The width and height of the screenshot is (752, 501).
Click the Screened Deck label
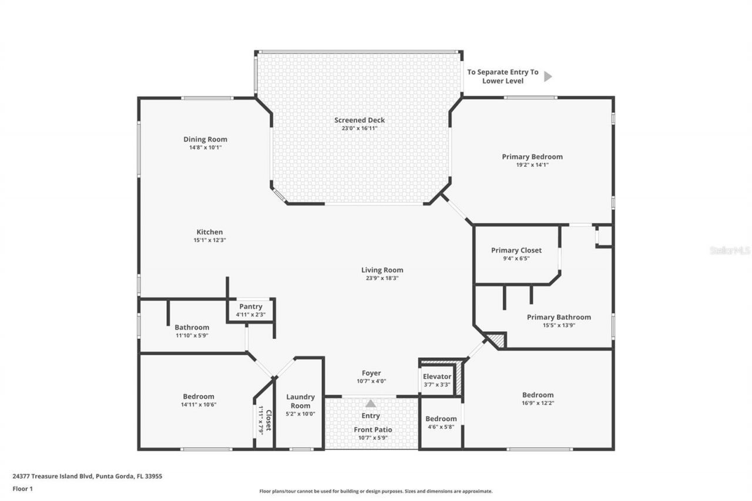(360, 120)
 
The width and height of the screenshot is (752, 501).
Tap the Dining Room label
(205, 139)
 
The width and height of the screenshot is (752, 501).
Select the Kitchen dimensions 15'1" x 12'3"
(210, 240)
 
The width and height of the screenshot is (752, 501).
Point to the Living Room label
(382, 270)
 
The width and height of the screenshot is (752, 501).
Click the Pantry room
(251, 310)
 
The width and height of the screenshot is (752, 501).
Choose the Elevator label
(437, 376)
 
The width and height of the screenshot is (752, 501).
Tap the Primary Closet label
(516, 250)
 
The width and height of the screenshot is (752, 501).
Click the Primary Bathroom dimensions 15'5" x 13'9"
(559, 325)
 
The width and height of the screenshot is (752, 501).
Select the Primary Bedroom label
(532, 157)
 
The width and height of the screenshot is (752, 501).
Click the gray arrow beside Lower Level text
(548, 76)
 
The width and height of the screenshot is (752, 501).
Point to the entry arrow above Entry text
(371, 404)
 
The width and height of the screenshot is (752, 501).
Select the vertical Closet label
(268, 421)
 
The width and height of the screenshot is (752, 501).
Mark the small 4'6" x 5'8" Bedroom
(441, 423)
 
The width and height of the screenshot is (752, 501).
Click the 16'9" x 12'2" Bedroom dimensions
(538, 403)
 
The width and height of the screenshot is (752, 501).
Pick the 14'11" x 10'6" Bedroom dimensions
(198, 405)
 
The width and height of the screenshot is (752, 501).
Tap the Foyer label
(371, 373)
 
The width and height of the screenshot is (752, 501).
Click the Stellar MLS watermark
(730, 250)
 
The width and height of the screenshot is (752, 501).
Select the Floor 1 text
(22, 488)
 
